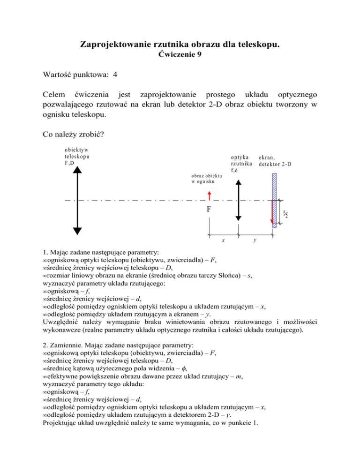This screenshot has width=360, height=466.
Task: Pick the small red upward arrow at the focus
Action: click(209, 195)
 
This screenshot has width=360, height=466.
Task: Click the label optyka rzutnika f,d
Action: click(242, 164)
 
